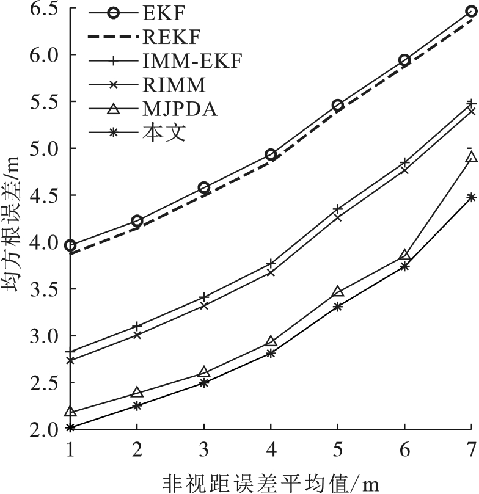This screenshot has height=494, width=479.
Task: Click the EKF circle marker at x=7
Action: (x=470, y=12)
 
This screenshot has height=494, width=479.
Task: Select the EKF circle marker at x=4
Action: (x=271, y=155)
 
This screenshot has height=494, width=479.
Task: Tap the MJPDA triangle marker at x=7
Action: (x=470, y=158)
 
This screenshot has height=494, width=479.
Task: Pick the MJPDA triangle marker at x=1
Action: (x=70, y=412)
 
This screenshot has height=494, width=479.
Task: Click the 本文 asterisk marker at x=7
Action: (x=470, y=197)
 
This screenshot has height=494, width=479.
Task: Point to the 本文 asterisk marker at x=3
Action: (x=204, y=383)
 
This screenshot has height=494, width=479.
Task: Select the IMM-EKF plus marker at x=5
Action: (x=337, y=209)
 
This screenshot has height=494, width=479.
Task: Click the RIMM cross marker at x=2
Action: (x=137, y=335)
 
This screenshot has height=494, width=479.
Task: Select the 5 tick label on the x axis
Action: (x=337, y=449)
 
